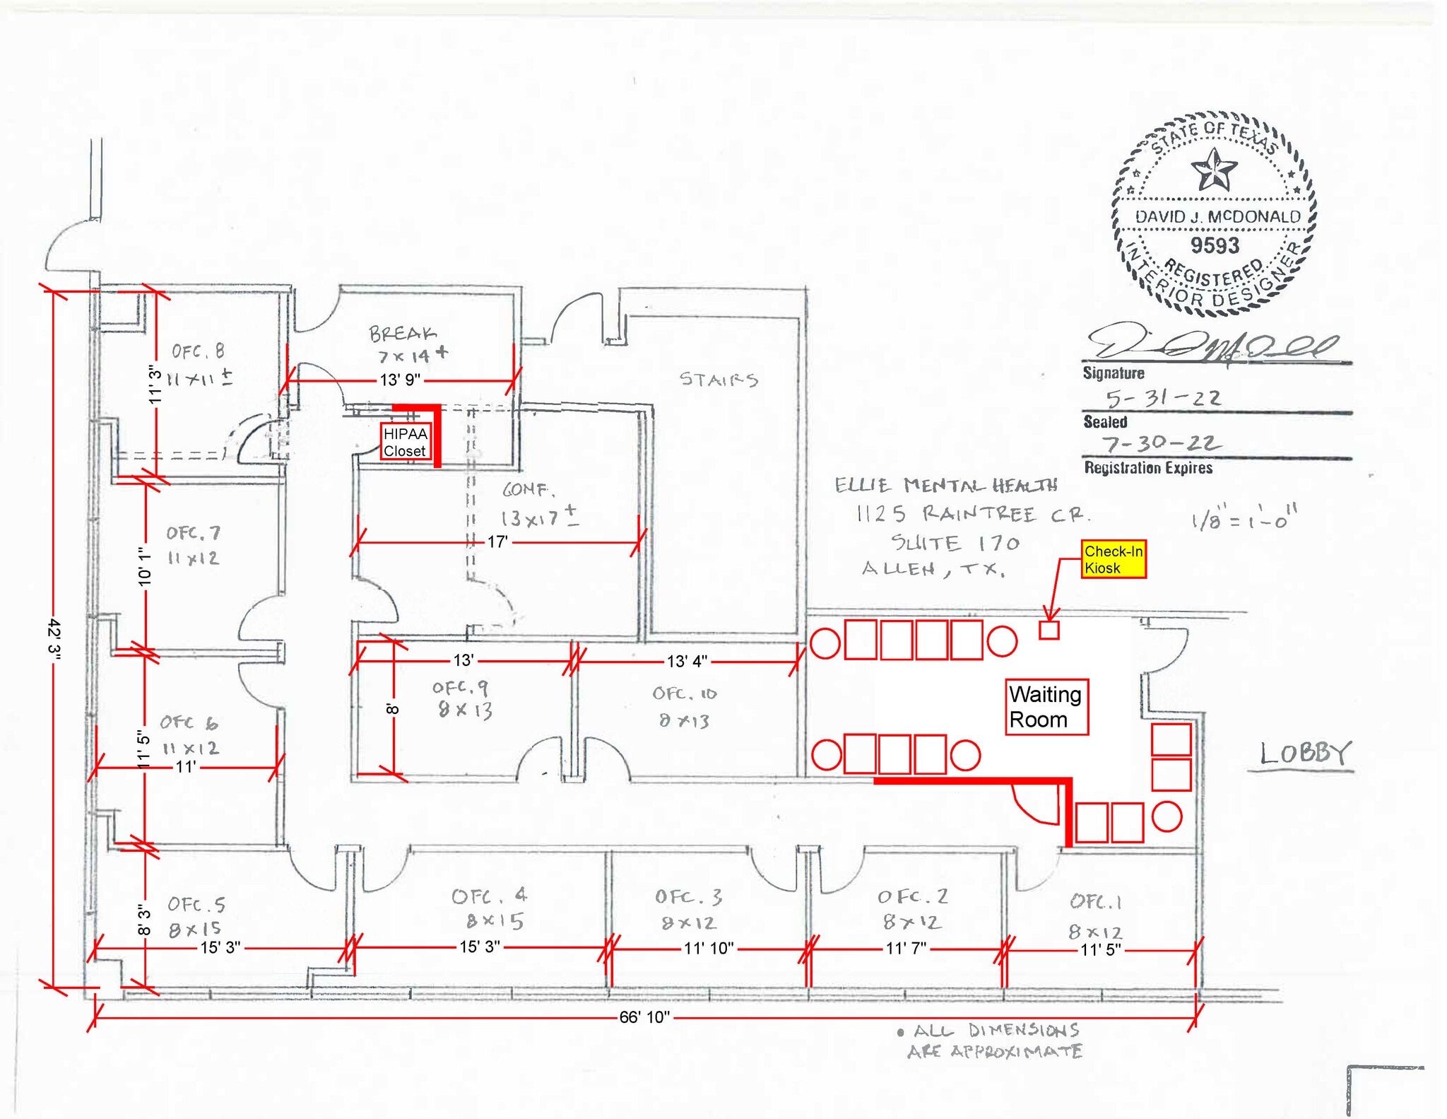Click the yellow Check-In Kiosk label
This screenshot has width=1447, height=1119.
(x=1113, y=559)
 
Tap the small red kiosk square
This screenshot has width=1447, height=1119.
(x=1049, y=630)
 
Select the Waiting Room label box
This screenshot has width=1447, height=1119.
(x=1046, y=707)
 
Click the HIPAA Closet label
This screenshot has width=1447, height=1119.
(x=405, y=443)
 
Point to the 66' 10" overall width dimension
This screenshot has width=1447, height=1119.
(x=644, y=1017)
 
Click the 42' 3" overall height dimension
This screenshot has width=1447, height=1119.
(x=54, y=639)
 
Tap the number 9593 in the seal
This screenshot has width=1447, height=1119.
(x=1215, y=245)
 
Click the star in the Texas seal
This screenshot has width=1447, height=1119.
(x=1214, y=170)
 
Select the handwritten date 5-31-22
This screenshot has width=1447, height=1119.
(x=1163, y=399)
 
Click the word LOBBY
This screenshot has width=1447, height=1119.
(x=1304, y=753)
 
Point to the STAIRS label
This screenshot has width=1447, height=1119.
(x=719, y=380)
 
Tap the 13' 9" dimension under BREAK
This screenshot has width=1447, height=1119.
(x=400, y=380)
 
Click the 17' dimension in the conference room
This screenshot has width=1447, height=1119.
(x=497, y=542)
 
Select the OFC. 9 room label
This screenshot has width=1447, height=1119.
(x=460, y=687)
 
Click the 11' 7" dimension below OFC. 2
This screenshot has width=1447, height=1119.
(x=906, y=949)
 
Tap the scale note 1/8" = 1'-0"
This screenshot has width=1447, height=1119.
(x=1244, y=519)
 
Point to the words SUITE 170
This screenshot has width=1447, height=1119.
(x=955, y=543)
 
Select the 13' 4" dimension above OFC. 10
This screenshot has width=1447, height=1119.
(x=686, y=662)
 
